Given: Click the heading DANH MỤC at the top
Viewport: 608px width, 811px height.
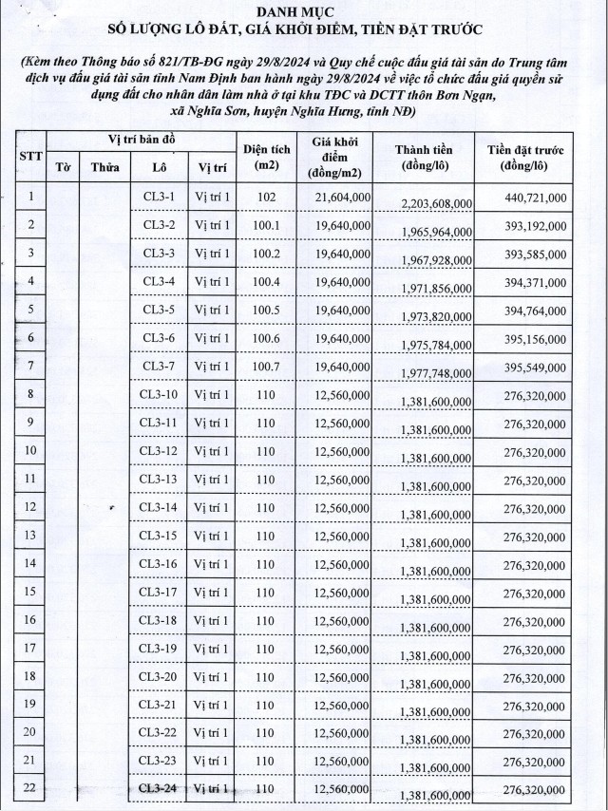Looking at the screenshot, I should pos(303,12).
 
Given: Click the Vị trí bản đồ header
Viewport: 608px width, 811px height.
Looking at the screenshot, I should pos(141,141).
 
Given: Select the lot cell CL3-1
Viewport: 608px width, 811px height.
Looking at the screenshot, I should pos(159,197).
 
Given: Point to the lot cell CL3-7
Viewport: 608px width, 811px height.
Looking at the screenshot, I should pos(159,367).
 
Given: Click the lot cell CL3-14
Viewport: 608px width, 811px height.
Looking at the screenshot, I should pos(159,507).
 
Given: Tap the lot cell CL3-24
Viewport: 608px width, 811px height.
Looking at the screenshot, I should pos(159,788).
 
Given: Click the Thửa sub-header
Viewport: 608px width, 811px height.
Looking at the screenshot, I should pos(104,168).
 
